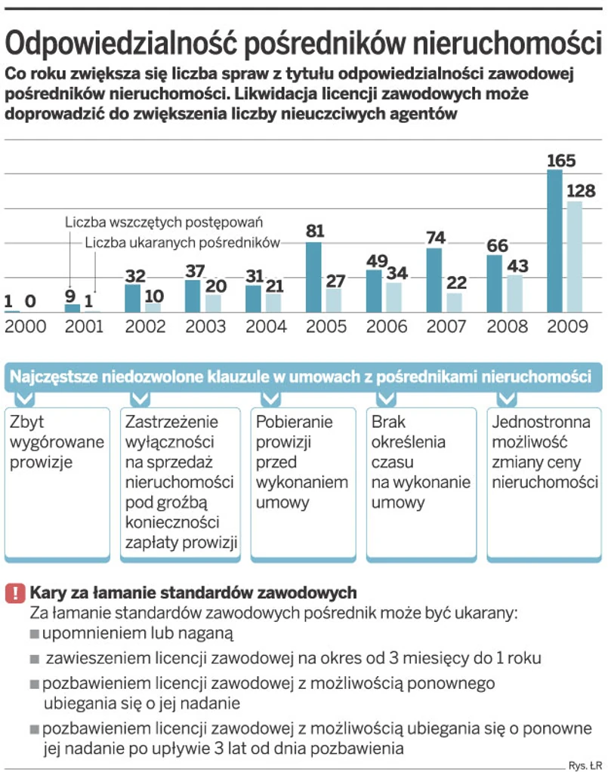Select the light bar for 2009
pyautogui.click(x=575, y=257)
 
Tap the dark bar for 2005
pyautogui.click(x=313, y=277)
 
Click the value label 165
pyautogui.click(x=561, y=161)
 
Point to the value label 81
pyautogui.click(x=315, y=231)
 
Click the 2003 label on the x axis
pyautogui.click(x=205, y=328)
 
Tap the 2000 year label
pyautogui.click(x=26, y=328)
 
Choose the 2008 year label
pyautogui.click(x=506, y=328)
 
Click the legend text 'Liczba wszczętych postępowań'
pyautogui.click(x=163, y=223)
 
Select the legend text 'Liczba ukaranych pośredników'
pyautogui.click(x=183, y=243)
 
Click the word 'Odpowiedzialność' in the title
pyautogui.click(x=122, y=43)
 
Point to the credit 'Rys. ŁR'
pyautogui.click(x=585, y=762)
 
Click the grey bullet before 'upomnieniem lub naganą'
pyautogui.click(x=35, y=633)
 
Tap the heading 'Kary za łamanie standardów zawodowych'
pyautogui.click(x=193, y=592)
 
